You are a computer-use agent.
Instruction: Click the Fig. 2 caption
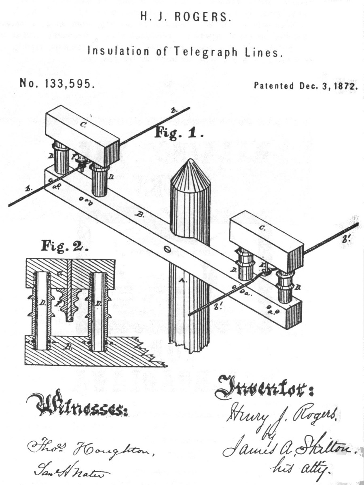click(x=65, y=246)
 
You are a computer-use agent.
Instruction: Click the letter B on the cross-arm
click(x=140, y=215)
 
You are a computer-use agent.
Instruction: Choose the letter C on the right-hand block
click(x=262, y=228)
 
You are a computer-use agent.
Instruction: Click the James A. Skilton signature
click(x=287, y=447)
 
